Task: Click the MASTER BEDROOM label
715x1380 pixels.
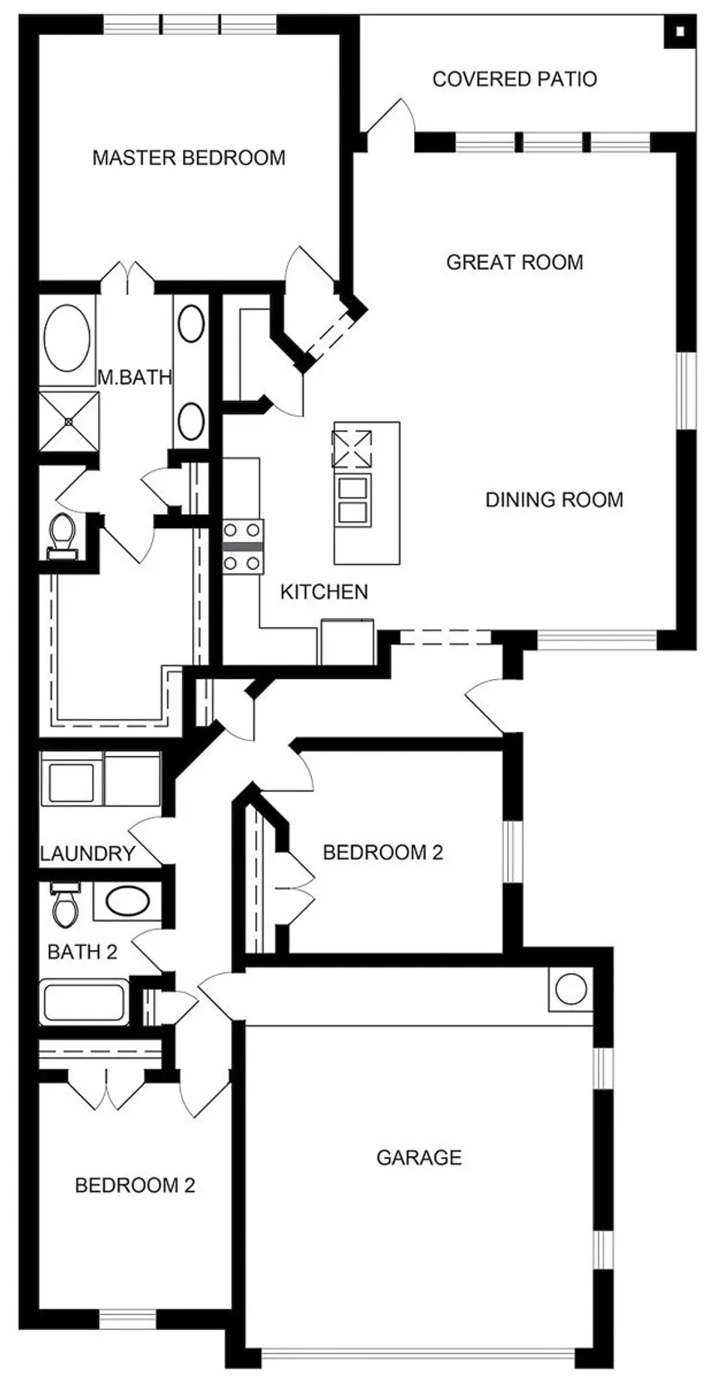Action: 189,157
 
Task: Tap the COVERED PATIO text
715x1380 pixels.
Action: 515,79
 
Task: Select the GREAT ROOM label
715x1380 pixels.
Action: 515,262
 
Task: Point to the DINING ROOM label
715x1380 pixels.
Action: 554,499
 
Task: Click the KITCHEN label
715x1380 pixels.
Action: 323,591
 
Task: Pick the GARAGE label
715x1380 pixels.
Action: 419,1157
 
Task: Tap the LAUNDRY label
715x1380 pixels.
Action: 87,853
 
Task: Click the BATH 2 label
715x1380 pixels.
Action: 82,952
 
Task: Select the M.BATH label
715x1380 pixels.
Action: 135,377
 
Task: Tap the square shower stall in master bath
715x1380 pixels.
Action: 68,422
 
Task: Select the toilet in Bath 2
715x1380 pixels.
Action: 64,904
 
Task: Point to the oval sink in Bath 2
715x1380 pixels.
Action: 126,901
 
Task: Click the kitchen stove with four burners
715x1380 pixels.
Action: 242,547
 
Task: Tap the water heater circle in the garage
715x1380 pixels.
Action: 570,990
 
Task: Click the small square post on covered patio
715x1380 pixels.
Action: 680,33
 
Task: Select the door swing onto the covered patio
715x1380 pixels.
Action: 388,116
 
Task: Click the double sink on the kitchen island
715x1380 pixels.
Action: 352,499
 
